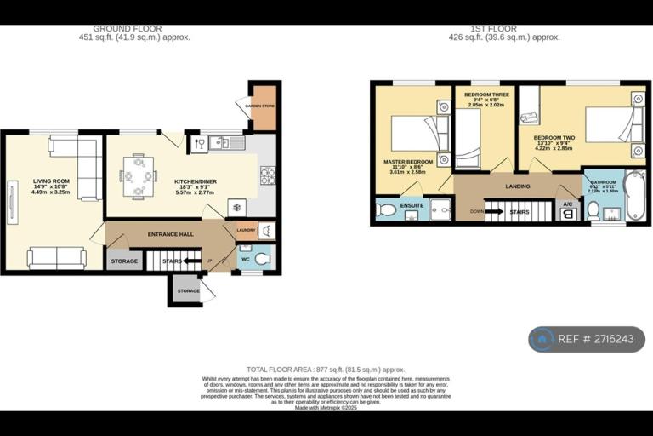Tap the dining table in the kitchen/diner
(x=138, y=176)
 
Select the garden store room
(x=264, y=107)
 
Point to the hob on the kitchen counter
(x=267, y=175)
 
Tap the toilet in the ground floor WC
(x=262, y=258)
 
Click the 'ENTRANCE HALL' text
(x=171, y=233)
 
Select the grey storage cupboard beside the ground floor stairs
(x=124, y=261)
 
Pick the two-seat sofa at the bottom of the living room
(x=56, y=257)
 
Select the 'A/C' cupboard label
(x=567, y=204)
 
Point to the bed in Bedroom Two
(x=613, y=124)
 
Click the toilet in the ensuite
(x=387, y=209)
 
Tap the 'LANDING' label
(x=517, y=186)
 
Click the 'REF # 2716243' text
(x=597, y=339)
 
